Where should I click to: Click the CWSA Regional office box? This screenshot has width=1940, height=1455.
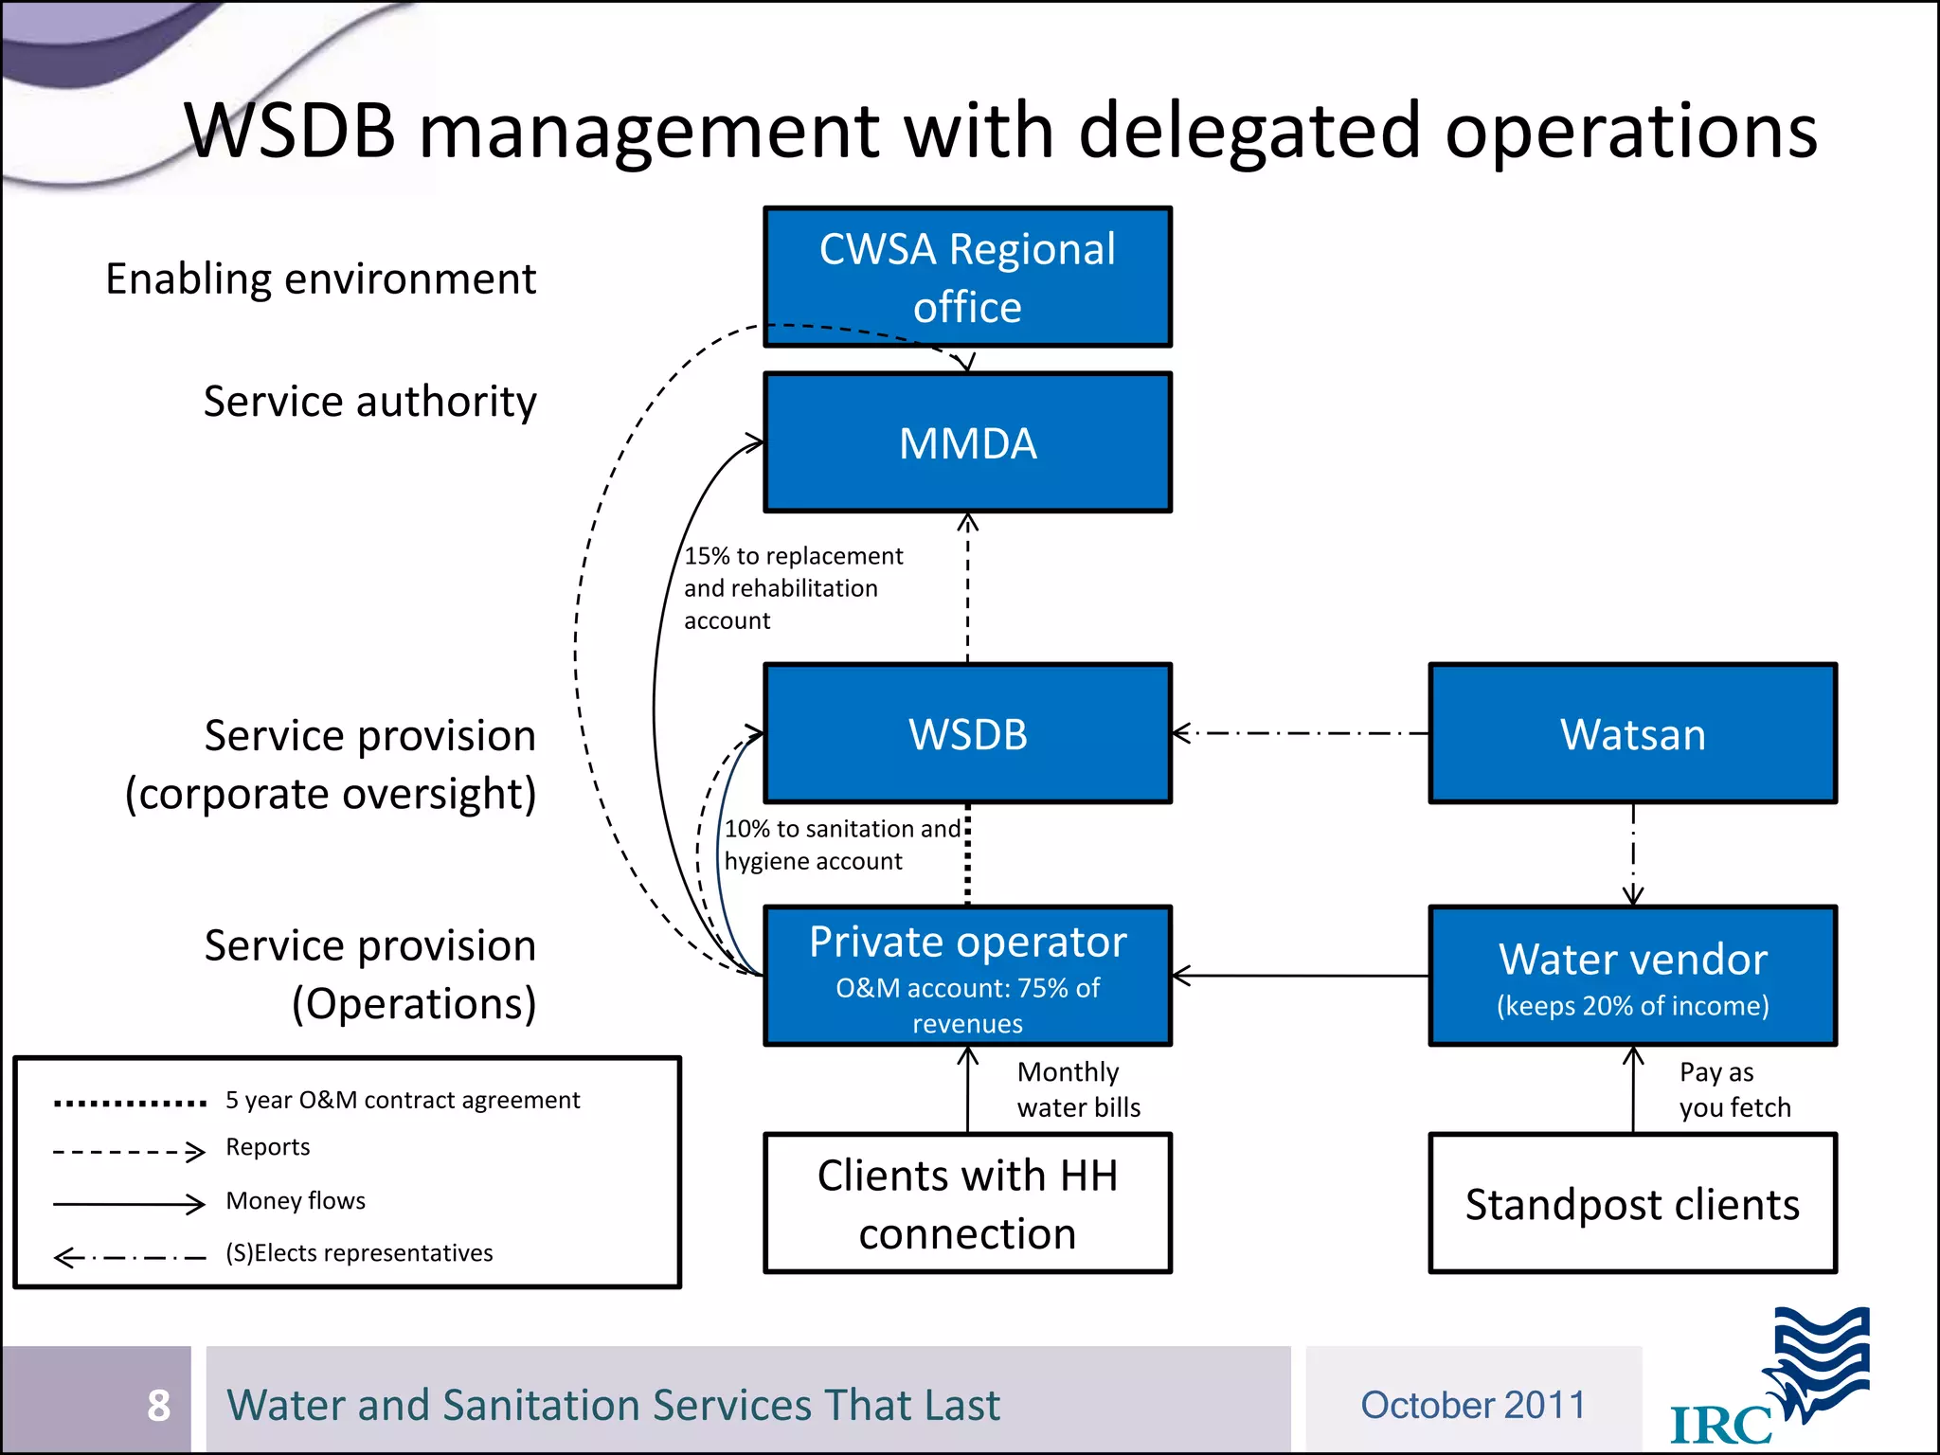[967, 277]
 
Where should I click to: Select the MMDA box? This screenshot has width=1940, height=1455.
[967, 442]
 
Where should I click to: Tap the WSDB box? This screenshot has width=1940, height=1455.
[967, 734]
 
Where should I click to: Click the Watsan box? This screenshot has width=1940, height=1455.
[1632, 734]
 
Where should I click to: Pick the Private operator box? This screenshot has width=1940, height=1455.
[967, 976]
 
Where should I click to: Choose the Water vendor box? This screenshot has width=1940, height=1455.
[1632, 976]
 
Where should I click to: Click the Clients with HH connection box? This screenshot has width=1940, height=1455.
[967, 1203]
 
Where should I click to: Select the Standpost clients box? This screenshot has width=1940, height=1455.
[1632, 1203]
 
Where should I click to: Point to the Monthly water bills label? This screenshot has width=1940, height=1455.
[1078, 1089]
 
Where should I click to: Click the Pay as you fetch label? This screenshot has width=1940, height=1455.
[1733, 1089]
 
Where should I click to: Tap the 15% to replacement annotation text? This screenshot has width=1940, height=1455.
[793, 587]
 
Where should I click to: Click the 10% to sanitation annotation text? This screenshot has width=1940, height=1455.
[841, 844]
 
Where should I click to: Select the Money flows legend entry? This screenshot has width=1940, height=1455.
[296, 1201]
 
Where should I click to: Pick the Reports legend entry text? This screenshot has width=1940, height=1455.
[268, 1147]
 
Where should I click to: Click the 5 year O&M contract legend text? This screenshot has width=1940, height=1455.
[403, 1100]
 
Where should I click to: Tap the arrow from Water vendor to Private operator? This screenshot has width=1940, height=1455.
[1300, 976]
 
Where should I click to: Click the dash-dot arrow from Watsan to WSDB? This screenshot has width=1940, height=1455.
[1300, 733]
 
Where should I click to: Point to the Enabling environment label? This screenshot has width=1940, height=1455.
[320, 279]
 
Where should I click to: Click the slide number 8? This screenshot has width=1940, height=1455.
[158, 1405]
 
